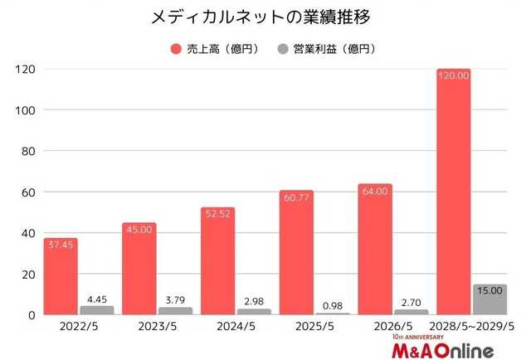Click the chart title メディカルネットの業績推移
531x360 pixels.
265,17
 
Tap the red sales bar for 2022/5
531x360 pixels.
61,276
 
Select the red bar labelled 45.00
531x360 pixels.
139,269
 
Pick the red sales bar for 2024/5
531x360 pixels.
217,261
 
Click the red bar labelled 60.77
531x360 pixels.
296,253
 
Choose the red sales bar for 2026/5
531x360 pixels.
375,250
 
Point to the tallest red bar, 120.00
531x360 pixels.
453,192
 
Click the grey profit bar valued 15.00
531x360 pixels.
489,299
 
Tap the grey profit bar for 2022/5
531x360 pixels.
96,310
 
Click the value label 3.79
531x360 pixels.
175,299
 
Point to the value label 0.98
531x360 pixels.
332,305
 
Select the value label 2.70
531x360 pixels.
410,302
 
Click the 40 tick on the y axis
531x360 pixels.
26,233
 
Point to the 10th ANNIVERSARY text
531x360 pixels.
421,338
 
